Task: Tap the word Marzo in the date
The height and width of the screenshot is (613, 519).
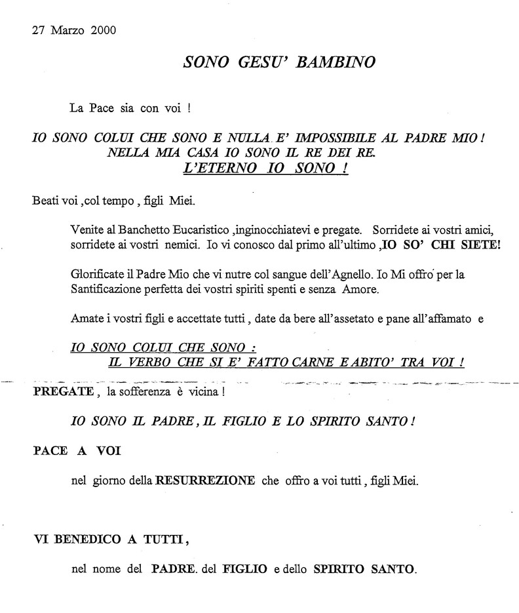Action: tap(69, 31)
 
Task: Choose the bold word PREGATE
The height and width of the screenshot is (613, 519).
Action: tap(62, 392)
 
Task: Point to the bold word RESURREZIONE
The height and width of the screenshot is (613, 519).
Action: tap(205, 481)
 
